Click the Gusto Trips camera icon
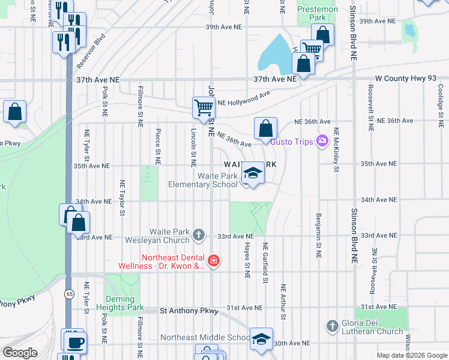point(323,141)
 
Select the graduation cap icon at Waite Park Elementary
point(253,174)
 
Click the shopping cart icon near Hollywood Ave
point(203,108)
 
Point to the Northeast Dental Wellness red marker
point(214,260)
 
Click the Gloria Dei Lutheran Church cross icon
point(332,326)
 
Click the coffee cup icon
point(76,343)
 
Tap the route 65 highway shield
point(70,293)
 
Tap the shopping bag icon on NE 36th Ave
point(265,128)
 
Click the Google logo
point(20,353)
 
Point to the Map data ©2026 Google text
point(411,355)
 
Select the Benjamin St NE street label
point(318,235)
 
